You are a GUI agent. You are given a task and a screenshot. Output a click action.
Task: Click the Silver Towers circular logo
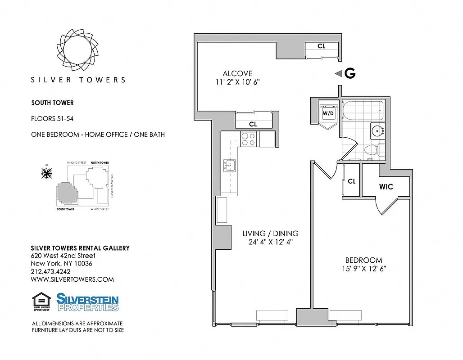coord(77,48)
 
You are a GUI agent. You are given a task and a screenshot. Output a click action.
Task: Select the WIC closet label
coord(386,186)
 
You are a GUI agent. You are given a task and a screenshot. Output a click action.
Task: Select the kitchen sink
coord(228,166)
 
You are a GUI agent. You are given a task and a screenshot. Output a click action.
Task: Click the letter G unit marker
coord(350,74)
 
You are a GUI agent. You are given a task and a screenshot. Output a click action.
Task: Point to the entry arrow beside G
coord(338,74)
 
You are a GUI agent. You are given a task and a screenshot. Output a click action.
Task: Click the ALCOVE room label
coord(237,74)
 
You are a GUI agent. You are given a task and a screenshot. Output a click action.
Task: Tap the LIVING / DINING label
coord(270,234)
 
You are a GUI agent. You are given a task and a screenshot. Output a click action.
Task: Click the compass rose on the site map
coord(46,172)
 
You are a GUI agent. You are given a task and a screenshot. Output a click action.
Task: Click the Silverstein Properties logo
coord(87,302)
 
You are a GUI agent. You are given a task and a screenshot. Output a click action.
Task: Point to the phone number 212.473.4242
coord(50,271)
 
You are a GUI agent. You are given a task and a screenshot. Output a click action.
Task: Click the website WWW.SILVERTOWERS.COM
coord(72,279)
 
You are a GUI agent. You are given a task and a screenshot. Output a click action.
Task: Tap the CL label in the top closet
coord(321,46)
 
